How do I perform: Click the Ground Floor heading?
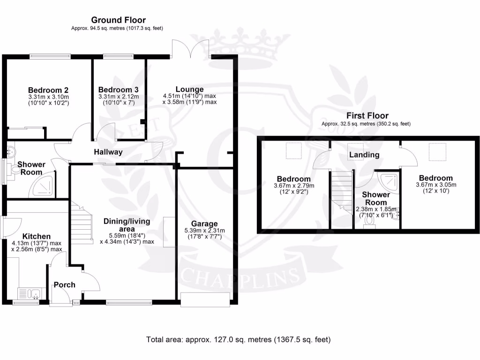tap(118, 20)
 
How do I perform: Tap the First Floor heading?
tap(367, 115)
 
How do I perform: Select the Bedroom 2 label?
tap(48, 90)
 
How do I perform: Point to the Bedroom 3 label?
tap(118, 90)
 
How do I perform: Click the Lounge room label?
tap(189, 89)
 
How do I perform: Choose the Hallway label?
tap(108, 152)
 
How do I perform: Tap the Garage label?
tap(204, 224)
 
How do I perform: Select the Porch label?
tap(65, 285)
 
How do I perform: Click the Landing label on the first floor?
tap(364, 155)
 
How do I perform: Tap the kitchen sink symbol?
tap(30, 294)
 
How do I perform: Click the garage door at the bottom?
tap(205, 300)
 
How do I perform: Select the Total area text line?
tap(239, 339)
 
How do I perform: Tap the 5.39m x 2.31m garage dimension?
tap(204, 230)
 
